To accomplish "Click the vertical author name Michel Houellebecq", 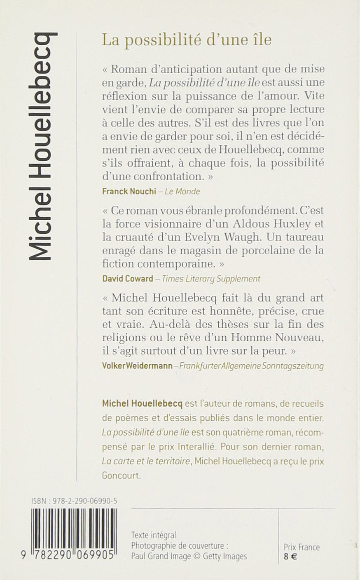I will coord(42,146).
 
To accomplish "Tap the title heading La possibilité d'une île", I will coord(187,40).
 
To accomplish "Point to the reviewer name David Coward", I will coord(127,279).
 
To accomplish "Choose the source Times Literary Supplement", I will coord(211,279).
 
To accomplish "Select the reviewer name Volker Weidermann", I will coord(137,366).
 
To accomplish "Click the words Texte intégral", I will coord(153,535).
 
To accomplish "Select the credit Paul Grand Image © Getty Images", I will coord(189,557).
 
